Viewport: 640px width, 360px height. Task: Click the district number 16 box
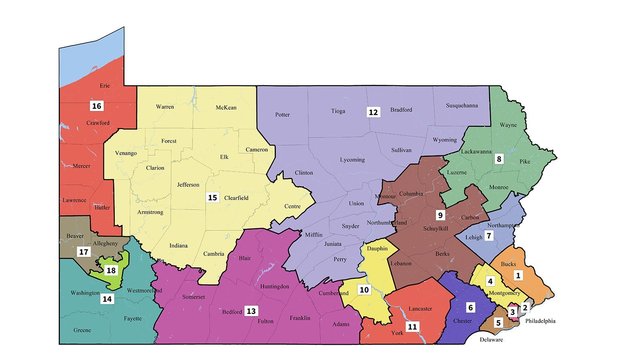pos(96,105)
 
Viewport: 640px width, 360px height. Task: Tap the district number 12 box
pos(372,112)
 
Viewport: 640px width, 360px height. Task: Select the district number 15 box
pos(212,198)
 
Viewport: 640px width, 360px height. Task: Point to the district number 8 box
pos(498,159)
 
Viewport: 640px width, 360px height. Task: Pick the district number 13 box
pos(251,283)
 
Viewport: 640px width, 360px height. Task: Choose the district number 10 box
pos(364,290)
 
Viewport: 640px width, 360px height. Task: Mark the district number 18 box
pos(111,270)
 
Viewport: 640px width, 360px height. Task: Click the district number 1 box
pos(518,273)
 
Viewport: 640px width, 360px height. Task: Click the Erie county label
pos(96,87)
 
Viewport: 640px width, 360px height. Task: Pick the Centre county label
pos(293,206)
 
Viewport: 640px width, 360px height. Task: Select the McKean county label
pos(226,107)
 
